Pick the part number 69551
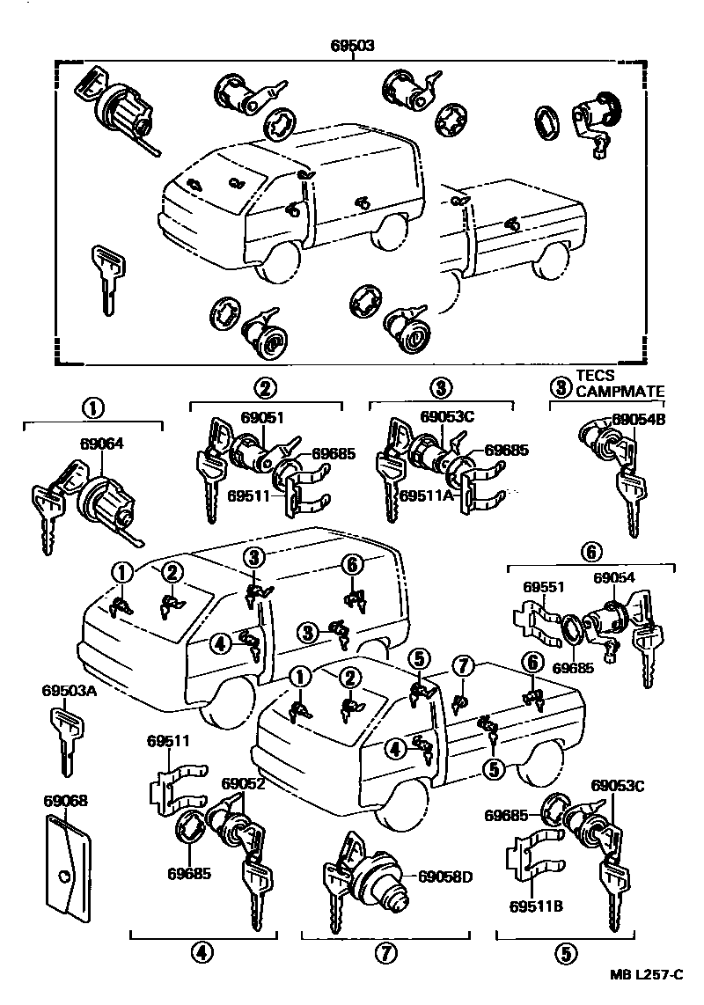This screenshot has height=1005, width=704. pos(545,587)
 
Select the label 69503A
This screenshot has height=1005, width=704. pos(67,691)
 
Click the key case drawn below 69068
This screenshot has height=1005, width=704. pos(66,867)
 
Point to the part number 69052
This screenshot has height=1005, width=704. pos(243,783)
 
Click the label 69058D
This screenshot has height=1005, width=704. pos(445,877)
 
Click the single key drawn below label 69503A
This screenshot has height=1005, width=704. pos(66,740)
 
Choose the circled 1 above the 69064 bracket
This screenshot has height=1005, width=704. pos(93,408)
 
